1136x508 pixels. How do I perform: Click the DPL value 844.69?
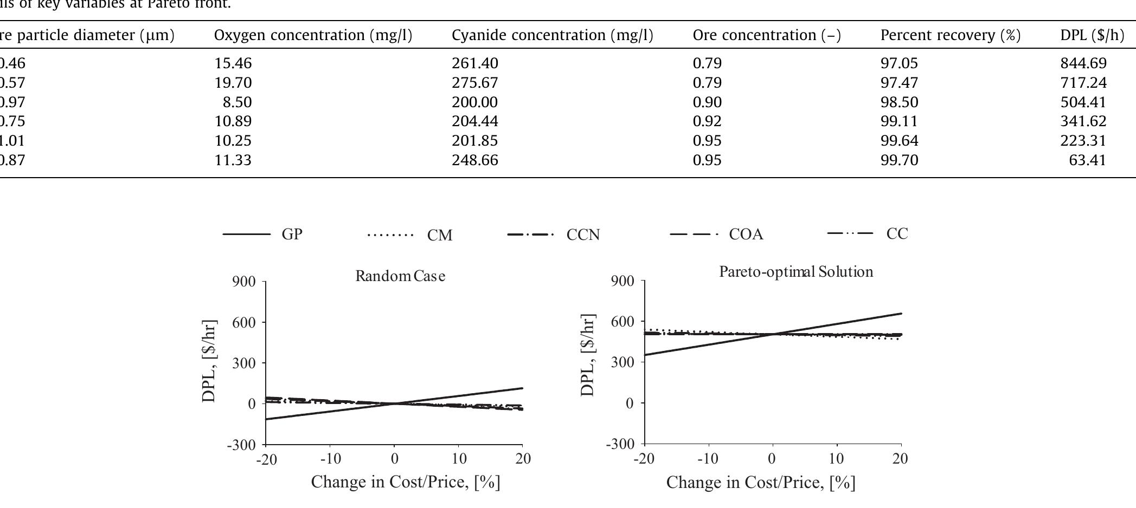tap(1083, 63)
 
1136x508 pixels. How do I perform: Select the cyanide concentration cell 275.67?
tap(474, 83)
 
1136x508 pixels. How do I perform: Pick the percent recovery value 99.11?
tap(899, 121)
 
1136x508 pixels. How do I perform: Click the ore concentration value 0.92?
tap(707, 121)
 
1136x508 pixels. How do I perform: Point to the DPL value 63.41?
tap(1087, 160)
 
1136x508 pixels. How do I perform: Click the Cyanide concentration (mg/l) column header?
tap(552, 35)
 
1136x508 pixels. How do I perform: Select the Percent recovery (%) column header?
tap(950, 35)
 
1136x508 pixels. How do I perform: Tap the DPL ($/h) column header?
tap(1092, 35)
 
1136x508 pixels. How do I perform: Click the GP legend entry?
tap(292, 234)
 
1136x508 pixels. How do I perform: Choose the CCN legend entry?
tap(583, 235)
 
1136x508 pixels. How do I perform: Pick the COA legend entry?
tap(746, 234)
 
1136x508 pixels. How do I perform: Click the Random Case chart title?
tap(400, 276)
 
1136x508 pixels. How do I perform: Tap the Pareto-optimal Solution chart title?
tap(796, 271)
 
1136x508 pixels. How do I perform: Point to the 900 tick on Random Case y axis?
tap(244, 282)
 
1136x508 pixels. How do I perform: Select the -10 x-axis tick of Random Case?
tap(330, 459)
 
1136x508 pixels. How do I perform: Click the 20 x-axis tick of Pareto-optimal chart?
tap(900, 459)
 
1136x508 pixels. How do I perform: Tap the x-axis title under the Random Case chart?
tap(405, 481)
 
